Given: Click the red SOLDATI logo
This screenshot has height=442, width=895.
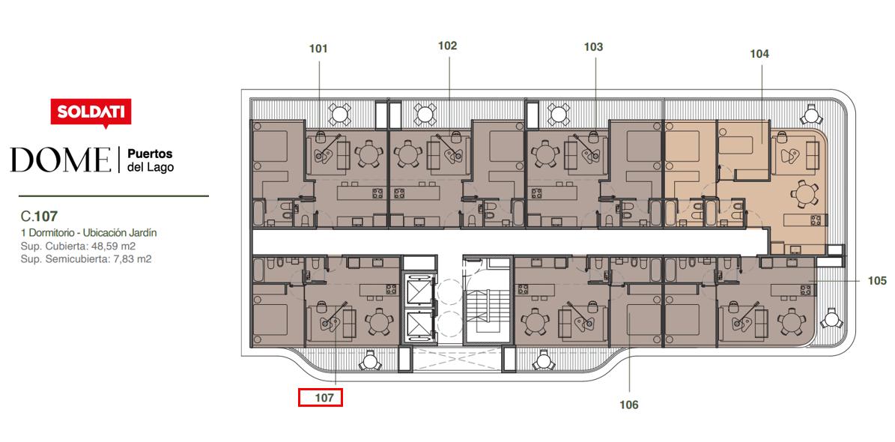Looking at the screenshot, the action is [x=91, y=112].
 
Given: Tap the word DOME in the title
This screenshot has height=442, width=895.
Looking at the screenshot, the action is [x=61, y=160].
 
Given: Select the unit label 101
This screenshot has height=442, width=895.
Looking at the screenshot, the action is [x=318, y=49].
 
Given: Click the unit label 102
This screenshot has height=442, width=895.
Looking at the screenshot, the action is [x=448, y=46].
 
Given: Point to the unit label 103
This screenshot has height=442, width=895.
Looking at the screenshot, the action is [x=593, y=47].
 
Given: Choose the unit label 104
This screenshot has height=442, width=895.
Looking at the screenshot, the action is [x=759, y=54].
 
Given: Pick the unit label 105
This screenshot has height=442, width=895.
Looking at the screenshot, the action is [x=877, y=280].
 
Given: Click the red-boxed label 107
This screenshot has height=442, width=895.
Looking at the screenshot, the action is [x=321, y=397].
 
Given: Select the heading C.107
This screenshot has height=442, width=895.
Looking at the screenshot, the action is [x=40, y=217].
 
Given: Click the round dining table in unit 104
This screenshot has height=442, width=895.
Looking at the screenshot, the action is [x=802, y=194].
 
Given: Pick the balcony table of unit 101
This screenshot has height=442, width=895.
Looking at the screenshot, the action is [x=339, y=114].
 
